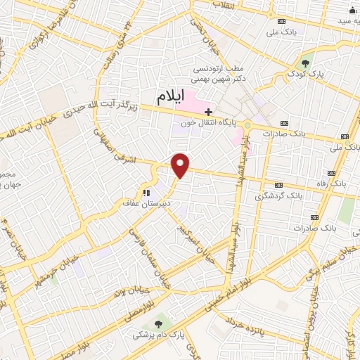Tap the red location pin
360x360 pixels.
pos(181,166)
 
